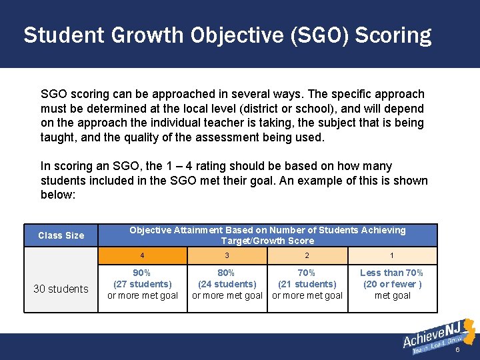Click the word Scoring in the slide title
pos(393,35)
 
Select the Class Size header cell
pos(61,235)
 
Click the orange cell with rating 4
pos(142,256)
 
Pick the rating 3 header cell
pos(227,256)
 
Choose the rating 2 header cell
pos(307,256)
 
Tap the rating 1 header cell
pos(391,256)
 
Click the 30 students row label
pos(61,289)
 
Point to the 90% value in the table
pos(142,273)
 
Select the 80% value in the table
pos(227,273)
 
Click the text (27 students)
pos(142,284)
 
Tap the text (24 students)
pos(227,284)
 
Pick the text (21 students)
pos(307,284)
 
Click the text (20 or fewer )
pos(392,284)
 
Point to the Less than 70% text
pos(392,273)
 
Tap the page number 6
pos(458,350)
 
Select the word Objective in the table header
pos(151,230)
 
